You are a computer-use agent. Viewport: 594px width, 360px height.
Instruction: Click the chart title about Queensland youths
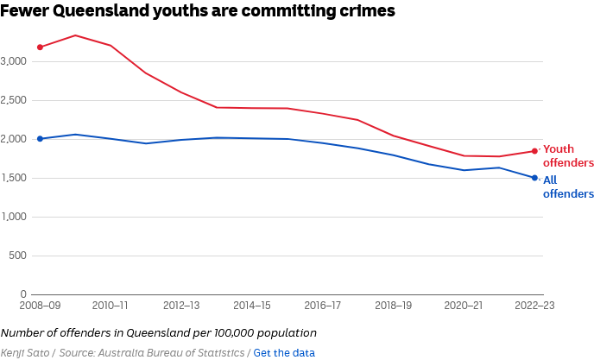198,11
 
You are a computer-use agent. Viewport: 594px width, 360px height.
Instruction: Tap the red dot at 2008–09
41,47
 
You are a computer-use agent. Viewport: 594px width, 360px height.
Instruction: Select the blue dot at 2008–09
41,139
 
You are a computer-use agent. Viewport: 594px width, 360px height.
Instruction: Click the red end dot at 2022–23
534,151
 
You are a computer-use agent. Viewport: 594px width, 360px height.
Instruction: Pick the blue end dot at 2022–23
534,178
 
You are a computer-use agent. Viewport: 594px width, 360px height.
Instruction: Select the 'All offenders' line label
568,186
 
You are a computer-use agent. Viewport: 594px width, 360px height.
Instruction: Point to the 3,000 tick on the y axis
16,61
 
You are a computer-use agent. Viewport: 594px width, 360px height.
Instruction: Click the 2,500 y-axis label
16,100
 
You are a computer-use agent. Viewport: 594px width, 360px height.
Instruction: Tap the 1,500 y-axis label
16,178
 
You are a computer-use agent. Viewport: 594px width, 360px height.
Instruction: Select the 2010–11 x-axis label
111,306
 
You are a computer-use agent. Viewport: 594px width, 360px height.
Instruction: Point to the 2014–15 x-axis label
251,306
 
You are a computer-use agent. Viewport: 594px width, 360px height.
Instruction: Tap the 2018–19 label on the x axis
393,306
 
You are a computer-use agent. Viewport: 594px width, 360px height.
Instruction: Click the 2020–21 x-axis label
464,306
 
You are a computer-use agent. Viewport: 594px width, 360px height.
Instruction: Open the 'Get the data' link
284,352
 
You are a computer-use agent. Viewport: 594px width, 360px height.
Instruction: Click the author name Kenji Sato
24,352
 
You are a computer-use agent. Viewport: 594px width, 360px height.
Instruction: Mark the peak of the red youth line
76,35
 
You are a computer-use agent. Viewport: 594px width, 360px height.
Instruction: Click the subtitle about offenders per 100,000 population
159,332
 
